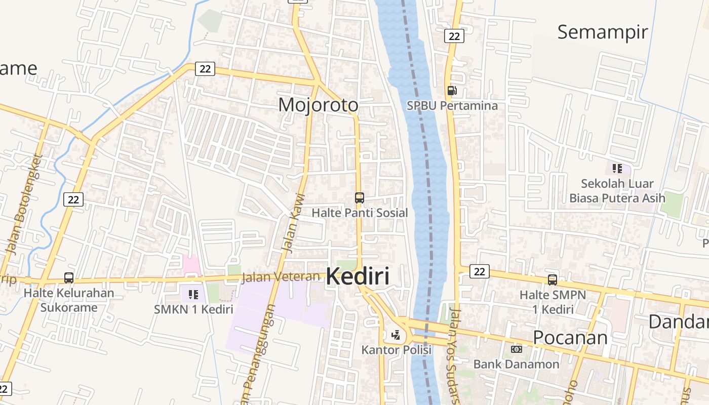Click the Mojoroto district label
318,105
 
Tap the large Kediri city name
358,277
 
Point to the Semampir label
602,32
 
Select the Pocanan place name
570,337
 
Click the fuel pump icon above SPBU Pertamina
452,91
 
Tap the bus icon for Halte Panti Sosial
359,198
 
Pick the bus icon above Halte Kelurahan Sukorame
69,278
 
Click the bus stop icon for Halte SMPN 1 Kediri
552,279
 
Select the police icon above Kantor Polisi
396,335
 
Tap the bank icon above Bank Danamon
516,349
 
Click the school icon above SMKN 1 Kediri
193,294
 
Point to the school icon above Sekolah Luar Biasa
617,168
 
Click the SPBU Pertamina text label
452,106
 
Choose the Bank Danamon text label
516,364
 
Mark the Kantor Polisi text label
396,350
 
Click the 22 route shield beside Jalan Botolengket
73,199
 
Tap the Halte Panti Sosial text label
359,213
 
